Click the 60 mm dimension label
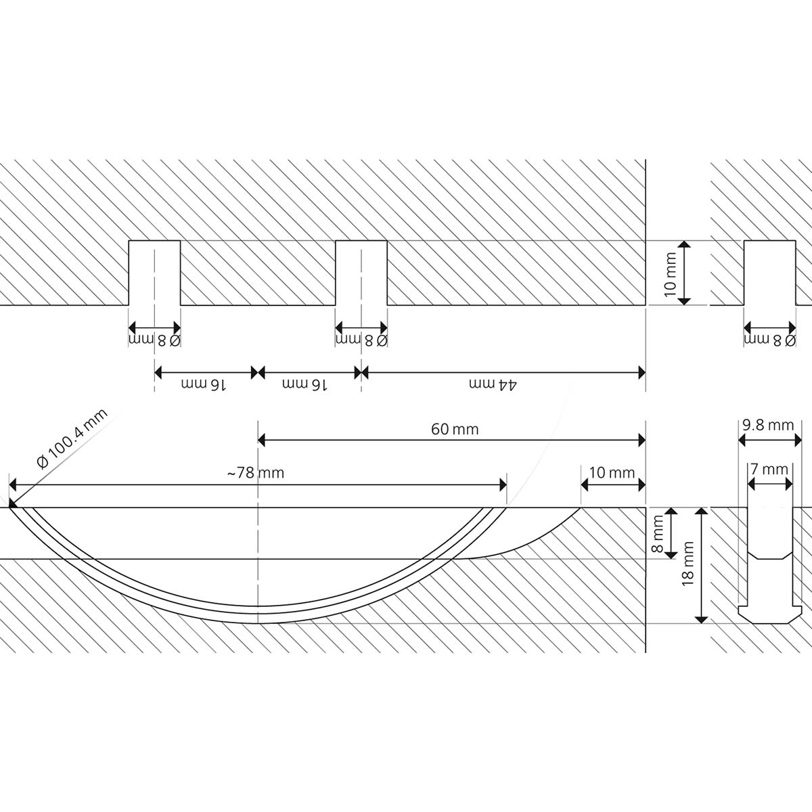(x=455, y=430)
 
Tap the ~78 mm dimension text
(x=256, y=473)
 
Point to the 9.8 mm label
(x=768, y=425)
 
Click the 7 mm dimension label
(x=769, y=469)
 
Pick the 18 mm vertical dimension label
(x=687, y=564)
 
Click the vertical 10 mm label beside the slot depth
(x=670, y=274)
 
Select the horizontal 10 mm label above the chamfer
(x=612, y=473)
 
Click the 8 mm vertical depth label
(x=658, y=534)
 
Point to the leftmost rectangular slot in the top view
(x=154, y=273)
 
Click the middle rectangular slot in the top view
(x=361, y=273)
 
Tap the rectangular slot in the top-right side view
(x=770, y=273)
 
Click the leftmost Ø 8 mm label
(x=155, y=340)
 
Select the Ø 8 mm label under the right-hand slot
(x=770, y=340)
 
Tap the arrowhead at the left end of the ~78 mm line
(x=13, y=485)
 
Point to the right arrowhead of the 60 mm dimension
(x=641, y=441)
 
